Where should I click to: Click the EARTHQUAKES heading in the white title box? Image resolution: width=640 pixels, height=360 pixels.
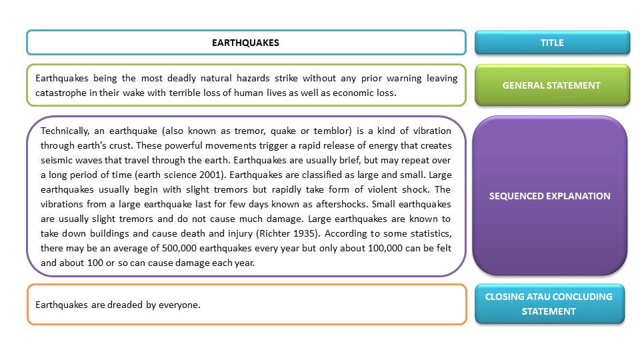(245, 43)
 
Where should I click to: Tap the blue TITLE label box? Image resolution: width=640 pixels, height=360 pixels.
(552, 43)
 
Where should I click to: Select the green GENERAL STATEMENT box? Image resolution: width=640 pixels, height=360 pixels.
(551, 85)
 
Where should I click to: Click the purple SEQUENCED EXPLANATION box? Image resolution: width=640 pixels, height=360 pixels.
(550, 196)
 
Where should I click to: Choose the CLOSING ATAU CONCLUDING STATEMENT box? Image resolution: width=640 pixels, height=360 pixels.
(549, 304)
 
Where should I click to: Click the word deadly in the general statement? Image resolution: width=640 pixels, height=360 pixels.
(191, 79)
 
